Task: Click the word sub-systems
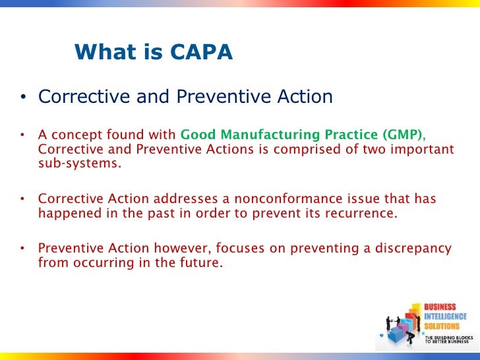tap(80, 164)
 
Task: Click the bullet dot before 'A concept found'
tap(22, 136)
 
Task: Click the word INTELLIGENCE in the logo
tap(445, 316)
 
